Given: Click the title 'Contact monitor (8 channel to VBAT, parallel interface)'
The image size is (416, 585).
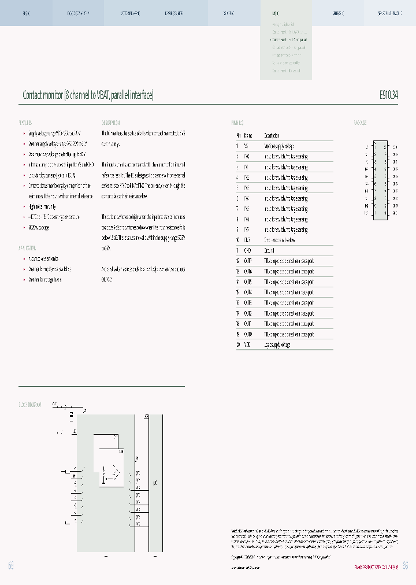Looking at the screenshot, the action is [x=88, y=95].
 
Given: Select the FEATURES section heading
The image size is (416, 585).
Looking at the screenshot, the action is [x=25, y=123].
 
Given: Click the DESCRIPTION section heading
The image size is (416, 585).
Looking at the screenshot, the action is [x=111, y=123].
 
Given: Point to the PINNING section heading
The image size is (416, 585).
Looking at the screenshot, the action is [x=237, y=123].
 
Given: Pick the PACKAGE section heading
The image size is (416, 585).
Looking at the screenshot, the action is [x=360, y=123].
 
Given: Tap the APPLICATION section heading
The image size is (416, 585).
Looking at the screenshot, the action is [x=27, y=248].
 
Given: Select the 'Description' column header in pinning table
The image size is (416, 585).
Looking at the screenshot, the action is [x=272, y=136].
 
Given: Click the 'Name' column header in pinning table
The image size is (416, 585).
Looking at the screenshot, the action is [x=248, y=136].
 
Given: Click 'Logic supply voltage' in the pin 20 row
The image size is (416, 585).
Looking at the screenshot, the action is [x=278, y=345].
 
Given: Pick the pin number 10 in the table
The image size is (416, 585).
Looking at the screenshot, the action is [x=237, y=240].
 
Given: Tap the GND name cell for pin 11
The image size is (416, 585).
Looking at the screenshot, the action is [x=247, y=251].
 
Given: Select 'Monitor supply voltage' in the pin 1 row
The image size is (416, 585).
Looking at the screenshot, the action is [x=280, y=147].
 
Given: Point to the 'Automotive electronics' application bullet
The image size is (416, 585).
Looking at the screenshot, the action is [x=43, y=259].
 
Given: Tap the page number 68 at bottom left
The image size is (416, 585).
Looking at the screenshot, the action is [x=10, y=565].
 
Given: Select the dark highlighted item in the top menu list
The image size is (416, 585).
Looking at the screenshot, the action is [x=289, y=39].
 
